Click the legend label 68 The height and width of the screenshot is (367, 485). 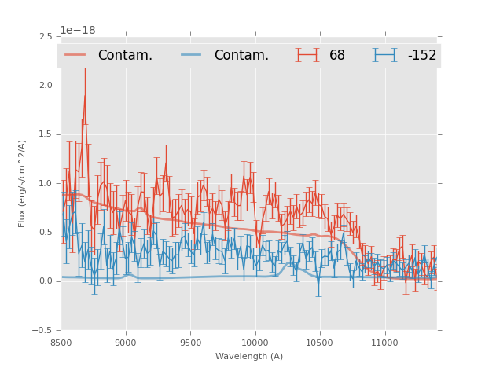(x=336, y=55)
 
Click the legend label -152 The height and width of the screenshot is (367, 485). (x=421, y=55)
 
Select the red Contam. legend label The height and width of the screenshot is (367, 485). (x=125, y=55)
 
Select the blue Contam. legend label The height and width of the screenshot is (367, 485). (x=241, y=55)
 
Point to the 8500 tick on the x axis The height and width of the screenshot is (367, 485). (x=61, y=343)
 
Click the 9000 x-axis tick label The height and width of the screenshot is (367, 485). (x=126, y=343)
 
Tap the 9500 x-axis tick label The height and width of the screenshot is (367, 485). (x=190, y=343)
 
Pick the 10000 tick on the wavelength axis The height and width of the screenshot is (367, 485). (x=255, y=343)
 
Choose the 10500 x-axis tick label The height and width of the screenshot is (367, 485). (x=319, y=343)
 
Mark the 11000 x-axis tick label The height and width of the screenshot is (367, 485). (x=384, y=343)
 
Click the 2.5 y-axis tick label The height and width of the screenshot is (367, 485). (x=46, y=37)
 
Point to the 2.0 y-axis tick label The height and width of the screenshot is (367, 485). (x=46, y=86)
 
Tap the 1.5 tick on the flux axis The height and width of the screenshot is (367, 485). (x=46, y=134)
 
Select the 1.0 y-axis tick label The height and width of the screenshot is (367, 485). (x=46, y=184)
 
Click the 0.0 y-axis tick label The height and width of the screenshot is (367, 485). (x=46, y=281)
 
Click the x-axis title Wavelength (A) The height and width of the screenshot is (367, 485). (x=249, y=356)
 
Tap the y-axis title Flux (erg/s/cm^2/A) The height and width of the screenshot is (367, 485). (x=23, y=183)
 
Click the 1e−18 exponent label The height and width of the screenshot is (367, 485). (x=78, y=30)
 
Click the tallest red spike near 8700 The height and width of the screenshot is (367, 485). (x=85, y=96)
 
